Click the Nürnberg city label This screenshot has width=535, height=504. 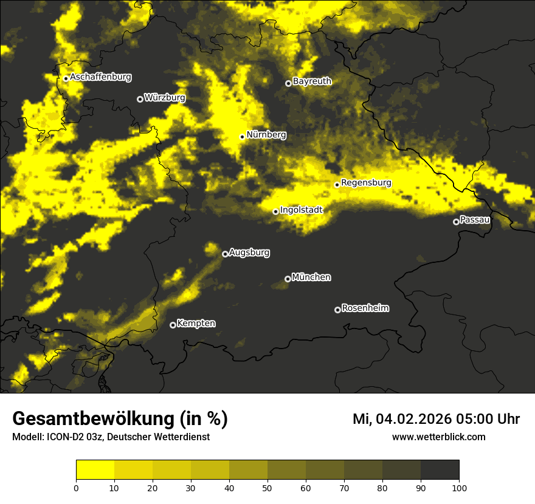point(266,135)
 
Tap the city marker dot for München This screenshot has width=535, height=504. point(288,279)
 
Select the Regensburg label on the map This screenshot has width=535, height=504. point(366,183)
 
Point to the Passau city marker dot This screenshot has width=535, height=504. point(456,222)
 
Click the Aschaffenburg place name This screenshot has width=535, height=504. point(100,77)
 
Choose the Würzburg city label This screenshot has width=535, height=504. point(165,97)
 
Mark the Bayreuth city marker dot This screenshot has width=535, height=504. point(288,83)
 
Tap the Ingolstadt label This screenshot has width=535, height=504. point(301,209)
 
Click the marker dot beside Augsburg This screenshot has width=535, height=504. point(225,254)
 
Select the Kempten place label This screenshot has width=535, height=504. point(196,324)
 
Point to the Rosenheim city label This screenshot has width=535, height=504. point(365,308)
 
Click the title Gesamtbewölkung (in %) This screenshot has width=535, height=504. point(120,419)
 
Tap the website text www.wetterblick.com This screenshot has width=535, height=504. point(438,437)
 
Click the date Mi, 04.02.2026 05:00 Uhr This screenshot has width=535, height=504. point(436,419)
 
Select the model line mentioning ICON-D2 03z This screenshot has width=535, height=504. point(111,437)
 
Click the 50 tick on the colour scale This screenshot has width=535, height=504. point(267,488)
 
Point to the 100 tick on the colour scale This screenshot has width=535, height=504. point(459,488)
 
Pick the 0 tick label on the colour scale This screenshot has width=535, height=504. point(76,488)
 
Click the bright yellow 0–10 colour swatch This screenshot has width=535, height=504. point(95,469)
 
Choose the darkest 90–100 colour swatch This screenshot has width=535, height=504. point(440,469)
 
